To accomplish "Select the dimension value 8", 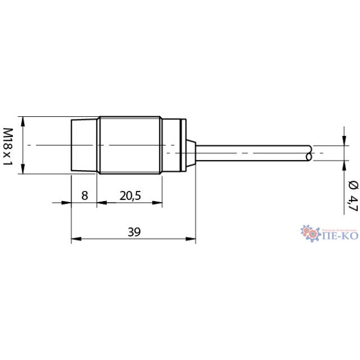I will point(84,195).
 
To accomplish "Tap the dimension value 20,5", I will point(130,195).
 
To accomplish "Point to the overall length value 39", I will point(134,231).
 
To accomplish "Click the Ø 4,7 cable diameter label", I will point(353,195).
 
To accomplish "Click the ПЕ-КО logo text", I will point(340,234).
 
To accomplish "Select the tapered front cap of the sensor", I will point(84,145).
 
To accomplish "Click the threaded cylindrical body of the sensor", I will point(130,145).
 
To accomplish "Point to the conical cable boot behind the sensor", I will point(190,152).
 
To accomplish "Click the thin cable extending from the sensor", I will point(251,153).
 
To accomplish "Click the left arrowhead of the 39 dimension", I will point(76,239).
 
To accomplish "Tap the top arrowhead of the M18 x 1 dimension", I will point(23,121).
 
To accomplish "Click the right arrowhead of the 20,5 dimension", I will point(158,203).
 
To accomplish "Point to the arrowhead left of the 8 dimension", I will point(67,203).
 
